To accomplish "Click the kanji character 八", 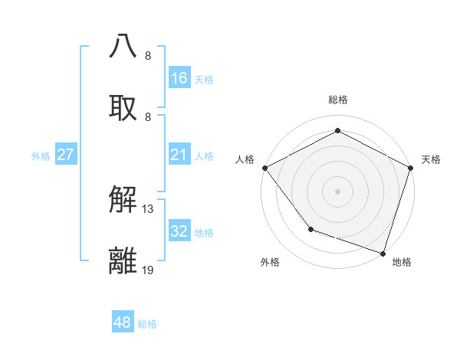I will tap(123, 46).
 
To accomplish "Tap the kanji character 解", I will tap(123, 201).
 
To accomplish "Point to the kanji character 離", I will tap(123, 261).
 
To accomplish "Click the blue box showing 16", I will tap(179, 77).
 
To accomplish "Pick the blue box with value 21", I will tap(179, 155).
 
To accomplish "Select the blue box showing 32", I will tap(179, 231).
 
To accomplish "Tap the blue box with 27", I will tap(65, 155).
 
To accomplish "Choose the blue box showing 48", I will tap(123, 322).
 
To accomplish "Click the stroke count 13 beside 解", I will tap(149, 209).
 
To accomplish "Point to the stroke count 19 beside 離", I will tap(149, 270).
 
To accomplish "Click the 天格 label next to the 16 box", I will tap(204, 79).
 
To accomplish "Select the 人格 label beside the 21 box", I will tap(204, 156).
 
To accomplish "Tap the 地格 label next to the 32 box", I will tap(204, 232).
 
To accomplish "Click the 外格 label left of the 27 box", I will tap(41, 156).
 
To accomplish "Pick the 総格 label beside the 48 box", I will tap(147, 324).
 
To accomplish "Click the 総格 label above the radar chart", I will tap(337, 100).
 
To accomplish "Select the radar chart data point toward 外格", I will tap(310, 229).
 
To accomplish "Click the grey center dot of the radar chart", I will tap(337, 191).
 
